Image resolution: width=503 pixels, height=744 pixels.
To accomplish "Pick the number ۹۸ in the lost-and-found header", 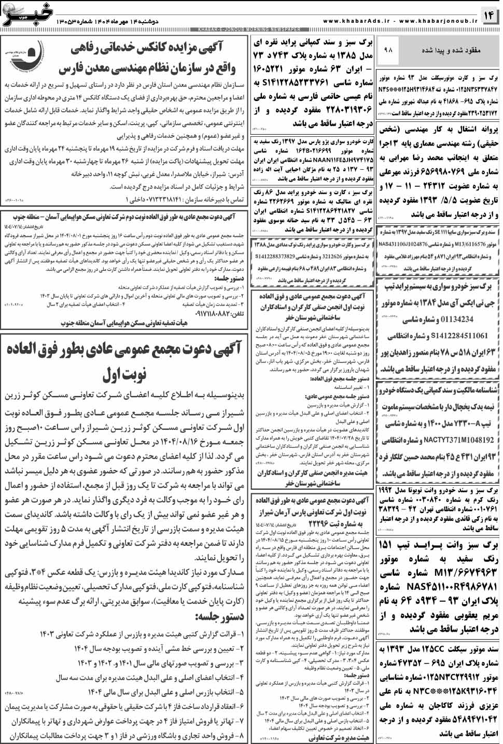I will (x=388, y=50).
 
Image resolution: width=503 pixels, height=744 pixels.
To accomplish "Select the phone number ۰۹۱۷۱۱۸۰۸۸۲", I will (x=218, y=314).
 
